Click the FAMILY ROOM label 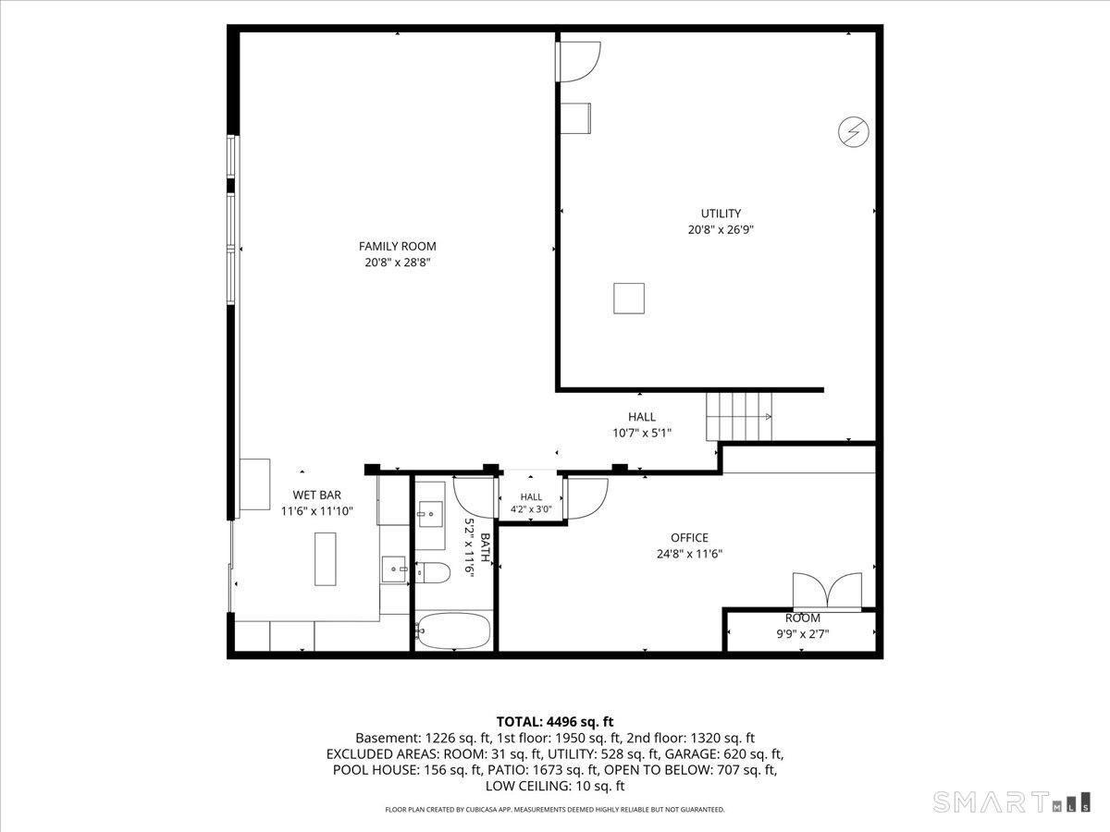tap(397, 246)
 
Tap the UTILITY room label tap(721, 214)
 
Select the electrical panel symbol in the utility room tap(854, 132)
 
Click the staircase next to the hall tap(739, 416)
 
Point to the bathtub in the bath tap(453, 630)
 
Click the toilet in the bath tap(433, 572)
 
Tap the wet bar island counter tap(326, 558)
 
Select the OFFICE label tap(689, 537)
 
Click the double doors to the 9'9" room tap(827, 591)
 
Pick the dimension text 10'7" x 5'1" tap(642, 433)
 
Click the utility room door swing tap(578, 62)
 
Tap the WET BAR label tap(316, 496)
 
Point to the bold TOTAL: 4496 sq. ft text tap(555, 721)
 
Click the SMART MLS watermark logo tap(1011, 801)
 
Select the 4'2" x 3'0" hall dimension tap(531, 509)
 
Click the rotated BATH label tap(485, 547)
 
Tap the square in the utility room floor tap(629, 298)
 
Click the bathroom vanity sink tap(429, 515)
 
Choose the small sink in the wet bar tap(394, 569)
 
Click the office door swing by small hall tap(586, 499)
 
